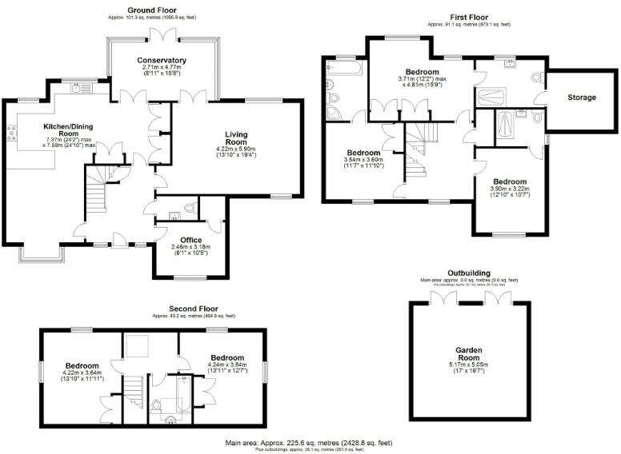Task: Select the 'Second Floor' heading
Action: (193, 309)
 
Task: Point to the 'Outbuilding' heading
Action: (469, 273)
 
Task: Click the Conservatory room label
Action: (162, 60)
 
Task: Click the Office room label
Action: (190, 239)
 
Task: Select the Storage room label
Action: (582, 98)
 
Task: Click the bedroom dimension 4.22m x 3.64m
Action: (82, 373)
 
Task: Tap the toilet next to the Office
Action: (189, 209)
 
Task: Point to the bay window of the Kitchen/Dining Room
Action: (42, 253)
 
